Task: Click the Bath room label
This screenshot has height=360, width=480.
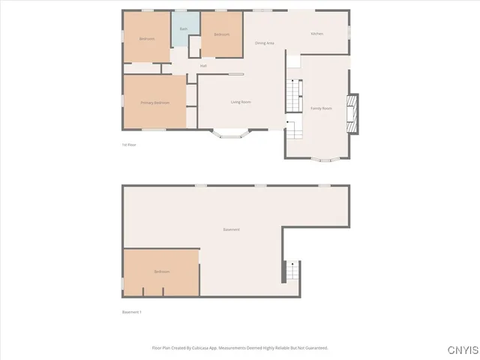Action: pyautogui.click(x=183, y=29)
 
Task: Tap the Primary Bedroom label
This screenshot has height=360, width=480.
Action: pyautogui.click(x=155, y=103)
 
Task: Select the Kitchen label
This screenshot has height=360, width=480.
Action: pyautogui.click(x=317, y=34)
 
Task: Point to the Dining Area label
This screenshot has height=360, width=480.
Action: pyautogui.click(x=265, y=43)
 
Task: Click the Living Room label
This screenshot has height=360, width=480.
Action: pyautogui.click(x=240, y=102)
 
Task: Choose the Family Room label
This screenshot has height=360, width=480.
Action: pyautogui.click(x=322, y=108)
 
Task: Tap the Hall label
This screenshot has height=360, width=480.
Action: pyautogui.click(x=203, y=66)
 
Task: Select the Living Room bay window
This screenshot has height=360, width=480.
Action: pyautogui.click(x=229, y=135)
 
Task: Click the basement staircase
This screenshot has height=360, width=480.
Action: pyautogui.click(x=292, y=271)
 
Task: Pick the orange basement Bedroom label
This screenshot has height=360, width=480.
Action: pyautogui.click(x=162, y=271)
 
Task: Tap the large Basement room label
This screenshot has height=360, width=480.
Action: pyautogui.click(x=231, y=229)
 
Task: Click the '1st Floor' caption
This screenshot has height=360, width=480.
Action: pyautogui.click(x=129, y=144)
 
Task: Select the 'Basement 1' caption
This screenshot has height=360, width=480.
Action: pyautogui.click(x=131, y=312)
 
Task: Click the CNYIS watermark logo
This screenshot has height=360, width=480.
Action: pyautogui.click(x=461, y=350)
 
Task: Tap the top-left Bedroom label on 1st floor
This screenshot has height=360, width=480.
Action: pyautogui.click(x=146, y=38)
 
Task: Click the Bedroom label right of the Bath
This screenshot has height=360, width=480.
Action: pyautogui.click(x=221, y=34)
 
